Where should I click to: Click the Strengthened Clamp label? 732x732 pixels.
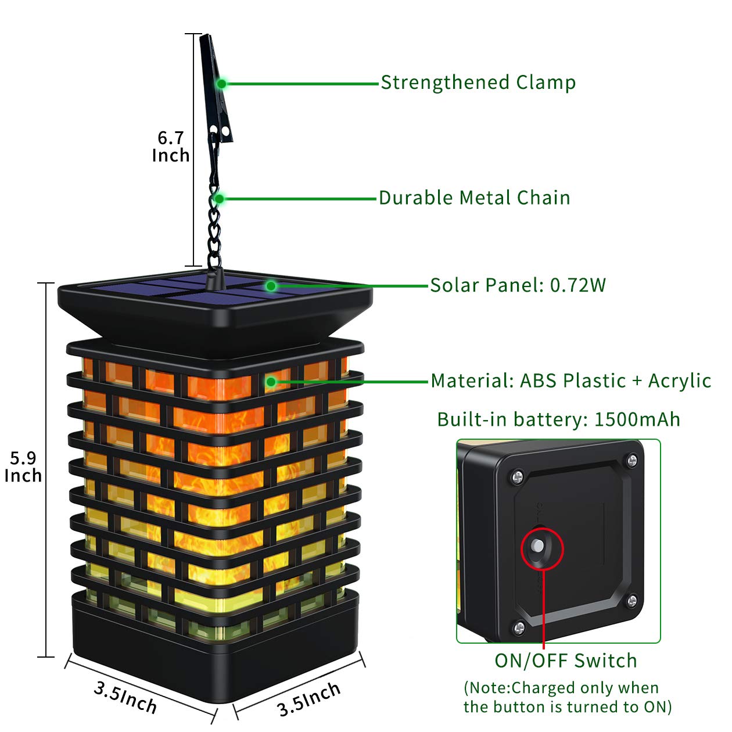pos(478,82)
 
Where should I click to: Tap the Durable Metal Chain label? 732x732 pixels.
pos(474,198)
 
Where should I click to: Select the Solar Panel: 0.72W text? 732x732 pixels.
pos(518,285)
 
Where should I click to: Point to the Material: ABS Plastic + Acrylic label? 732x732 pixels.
pos(570,381)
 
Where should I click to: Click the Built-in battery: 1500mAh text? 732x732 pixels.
pos(558,419)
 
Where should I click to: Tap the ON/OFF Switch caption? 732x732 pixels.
pos(565,661)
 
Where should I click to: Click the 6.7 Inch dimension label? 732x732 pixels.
pos(170,146)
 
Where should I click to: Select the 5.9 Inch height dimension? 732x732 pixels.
pos(23,467)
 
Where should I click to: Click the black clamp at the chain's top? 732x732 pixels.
pos(216,87)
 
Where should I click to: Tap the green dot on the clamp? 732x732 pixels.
pos(221,84)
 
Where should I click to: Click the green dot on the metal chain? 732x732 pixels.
pos(219,199)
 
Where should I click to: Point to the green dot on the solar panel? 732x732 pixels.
pos(271,286)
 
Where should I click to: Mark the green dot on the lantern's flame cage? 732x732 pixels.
pos(271,382)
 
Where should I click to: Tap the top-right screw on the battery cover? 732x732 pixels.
pos(632,461)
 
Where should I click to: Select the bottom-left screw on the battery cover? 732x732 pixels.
pos(519,626)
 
